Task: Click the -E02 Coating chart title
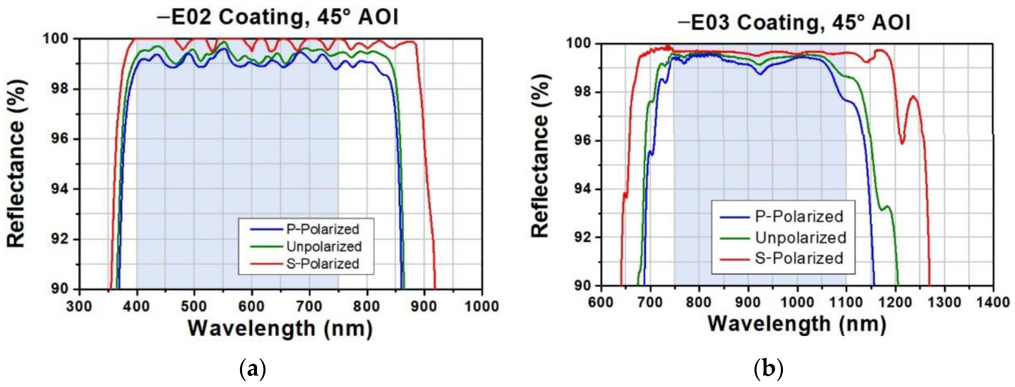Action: (278, 18)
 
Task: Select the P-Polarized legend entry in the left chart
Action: (322, 229)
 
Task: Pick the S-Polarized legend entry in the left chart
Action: (322, 263)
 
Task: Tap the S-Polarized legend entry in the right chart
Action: (799, 258)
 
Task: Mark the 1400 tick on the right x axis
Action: (992, 302)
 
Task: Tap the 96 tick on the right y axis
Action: (584, 141)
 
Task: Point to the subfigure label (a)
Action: (253, 370)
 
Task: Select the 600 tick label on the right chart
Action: (601, 302)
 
